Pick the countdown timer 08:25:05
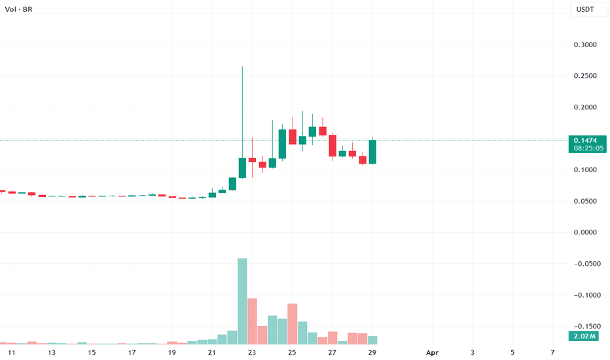(588, 149)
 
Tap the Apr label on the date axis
(432, 353)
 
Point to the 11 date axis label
(11, 353)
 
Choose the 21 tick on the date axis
(212, 353)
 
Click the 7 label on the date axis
(553, 353)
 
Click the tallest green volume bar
(242, 301)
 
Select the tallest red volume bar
(252, 321)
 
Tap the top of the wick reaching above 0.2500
(242, 67)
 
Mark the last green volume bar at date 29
(372, 340)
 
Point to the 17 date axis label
(132, 353)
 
